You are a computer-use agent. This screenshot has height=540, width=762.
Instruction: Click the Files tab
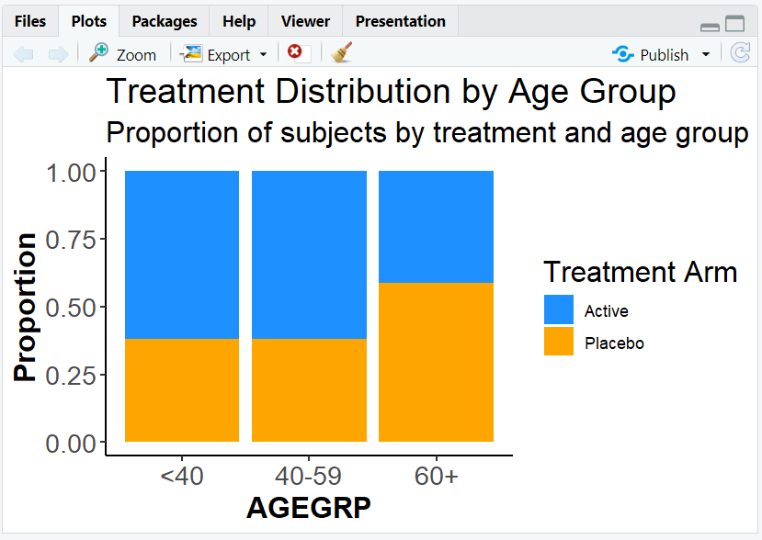point(29,21)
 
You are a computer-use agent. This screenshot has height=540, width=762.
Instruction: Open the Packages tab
point(164,21)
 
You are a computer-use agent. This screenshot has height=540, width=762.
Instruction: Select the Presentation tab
point(400,21)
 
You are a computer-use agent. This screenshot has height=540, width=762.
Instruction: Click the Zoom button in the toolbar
point(123,54)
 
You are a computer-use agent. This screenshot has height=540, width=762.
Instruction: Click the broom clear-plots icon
point(342,53)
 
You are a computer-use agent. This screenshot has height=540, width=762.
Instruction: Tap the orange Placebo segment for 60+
point(436,362)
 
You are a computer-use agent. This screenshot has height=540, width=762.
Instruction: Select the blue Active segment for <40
point(182,254)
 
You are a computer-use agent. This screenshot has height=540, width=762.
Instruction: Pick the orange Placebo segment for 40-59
point(309,390)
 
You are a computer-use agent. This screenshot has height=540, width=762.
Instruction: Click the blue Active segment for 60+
point(436,226)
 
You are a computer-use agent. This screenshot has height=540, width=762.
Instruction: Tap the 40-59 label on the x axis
point(309,476)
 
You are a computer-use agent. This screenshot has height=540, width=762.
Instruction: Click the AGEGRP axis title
point(309,509)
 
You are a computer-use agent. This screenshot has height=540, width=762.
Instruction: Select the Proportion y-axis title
point(26,307)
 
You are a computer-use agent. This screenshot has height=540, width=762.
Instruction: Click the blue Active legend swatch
point(559,310)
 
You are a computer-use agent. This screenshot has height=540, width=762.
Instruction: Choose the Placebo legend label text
point(614,343)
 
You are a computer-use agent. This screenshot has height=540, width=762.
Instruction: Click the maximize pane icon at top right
point(734,25)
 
